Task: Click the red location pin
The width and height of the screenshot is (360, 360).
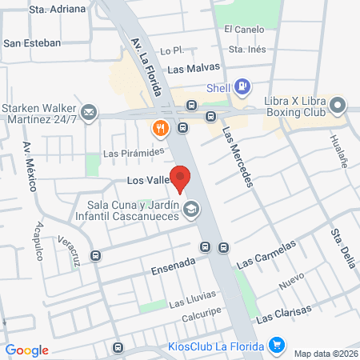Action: click(182, 179)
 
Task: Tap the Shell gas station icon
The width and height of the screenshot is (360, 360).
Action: click(243, 87)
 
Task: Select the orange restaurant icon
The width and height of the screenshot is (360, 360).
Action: click(161, 128)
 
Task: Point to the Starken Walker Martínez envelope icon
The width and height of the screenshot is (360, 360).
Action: click(89, 112)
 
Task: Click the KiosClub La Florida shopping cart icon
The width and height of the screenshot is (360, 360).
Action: click(278, 345)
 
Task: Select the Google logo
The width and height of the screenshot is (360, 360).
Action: click(27, 350)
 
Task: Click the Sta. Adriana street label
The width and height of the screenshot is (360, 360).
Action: click(56, 9)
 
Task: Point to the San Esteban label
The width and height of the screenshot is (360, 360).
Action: click(32, 42)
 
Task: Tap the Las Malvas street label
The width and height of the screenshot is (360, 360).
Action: click(193, 69)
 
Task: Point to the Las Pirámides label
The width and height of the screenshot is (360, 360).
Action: click(133, 152)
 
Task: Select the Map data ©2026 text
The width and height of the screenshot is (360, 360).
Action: click(325, 353)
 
